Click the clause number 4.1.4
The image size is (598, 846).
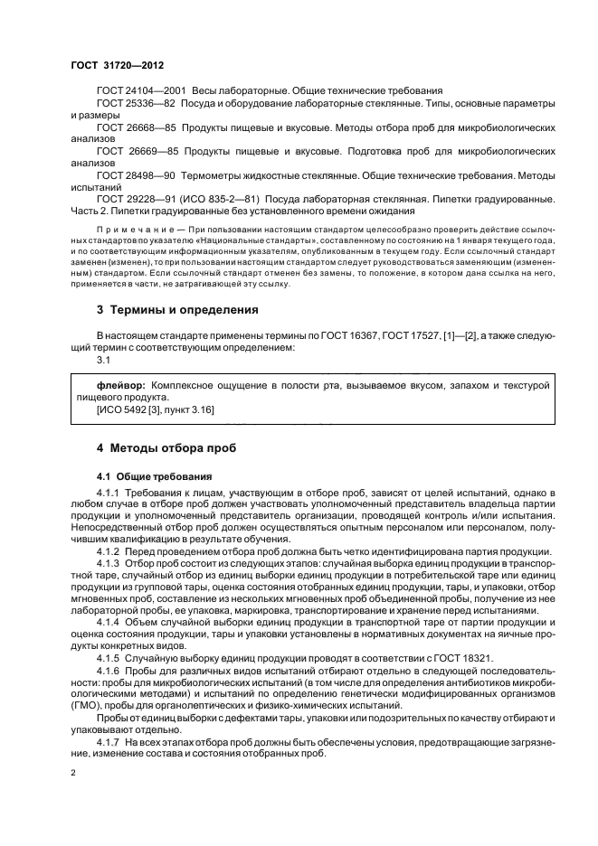tap(108, 623)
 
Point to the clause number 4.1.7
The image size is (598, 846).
tap(108, 741)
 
